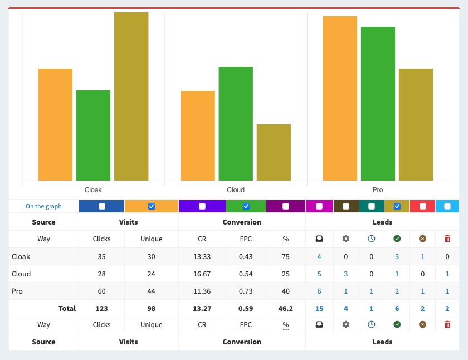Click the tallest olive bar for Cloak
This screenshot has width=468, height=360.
click(x=131, y=96)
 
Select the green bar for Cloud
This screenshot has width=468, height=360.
click(x=236, y=123)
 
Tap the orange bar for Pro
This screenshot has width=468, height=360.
click(x=340, y=98)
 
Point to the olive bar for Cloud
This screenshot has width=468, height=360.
click(x=274, y=152)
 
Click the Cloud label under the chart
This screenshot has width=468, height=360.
click(x=236, y=190)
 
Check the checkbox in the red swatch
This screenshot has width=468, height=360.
click(x=423, y=206)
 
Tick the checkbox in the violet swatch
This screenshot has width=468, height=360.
click(x=202, y=206)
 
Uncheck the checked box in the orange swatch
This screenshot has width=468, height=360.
click(x=152, y=206)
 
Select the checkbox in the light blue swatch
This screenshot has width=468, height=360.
click(x=447, y=206)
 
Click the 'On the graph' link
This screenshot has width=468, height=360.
click(x=43, y=206)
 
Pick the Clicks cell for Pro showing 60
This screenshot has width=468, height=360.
click(x=101, y=291)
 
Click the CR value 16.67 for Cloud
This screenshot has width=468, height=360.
click(x=202, y=274)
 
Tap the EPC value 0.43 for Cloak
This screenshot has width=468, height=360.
click(x=246, y=257)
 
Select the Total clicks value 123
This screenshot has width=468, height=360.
click(x=101, y=308)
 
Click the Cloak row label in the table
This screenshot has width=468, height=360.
click(x=21, y=257)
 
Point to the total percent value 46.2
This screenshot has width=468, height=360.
click(x=286, y=308)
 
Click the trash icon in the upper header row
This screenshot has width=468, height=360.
click(x=447, y=239)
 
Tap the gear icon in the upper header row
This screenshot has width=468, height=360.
click(x=345, y=239)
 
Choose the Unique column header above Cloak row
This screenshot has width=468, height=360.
click(x=152, y=239)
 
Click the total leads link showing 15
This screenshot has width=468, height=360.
click(x=319, y=308)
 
